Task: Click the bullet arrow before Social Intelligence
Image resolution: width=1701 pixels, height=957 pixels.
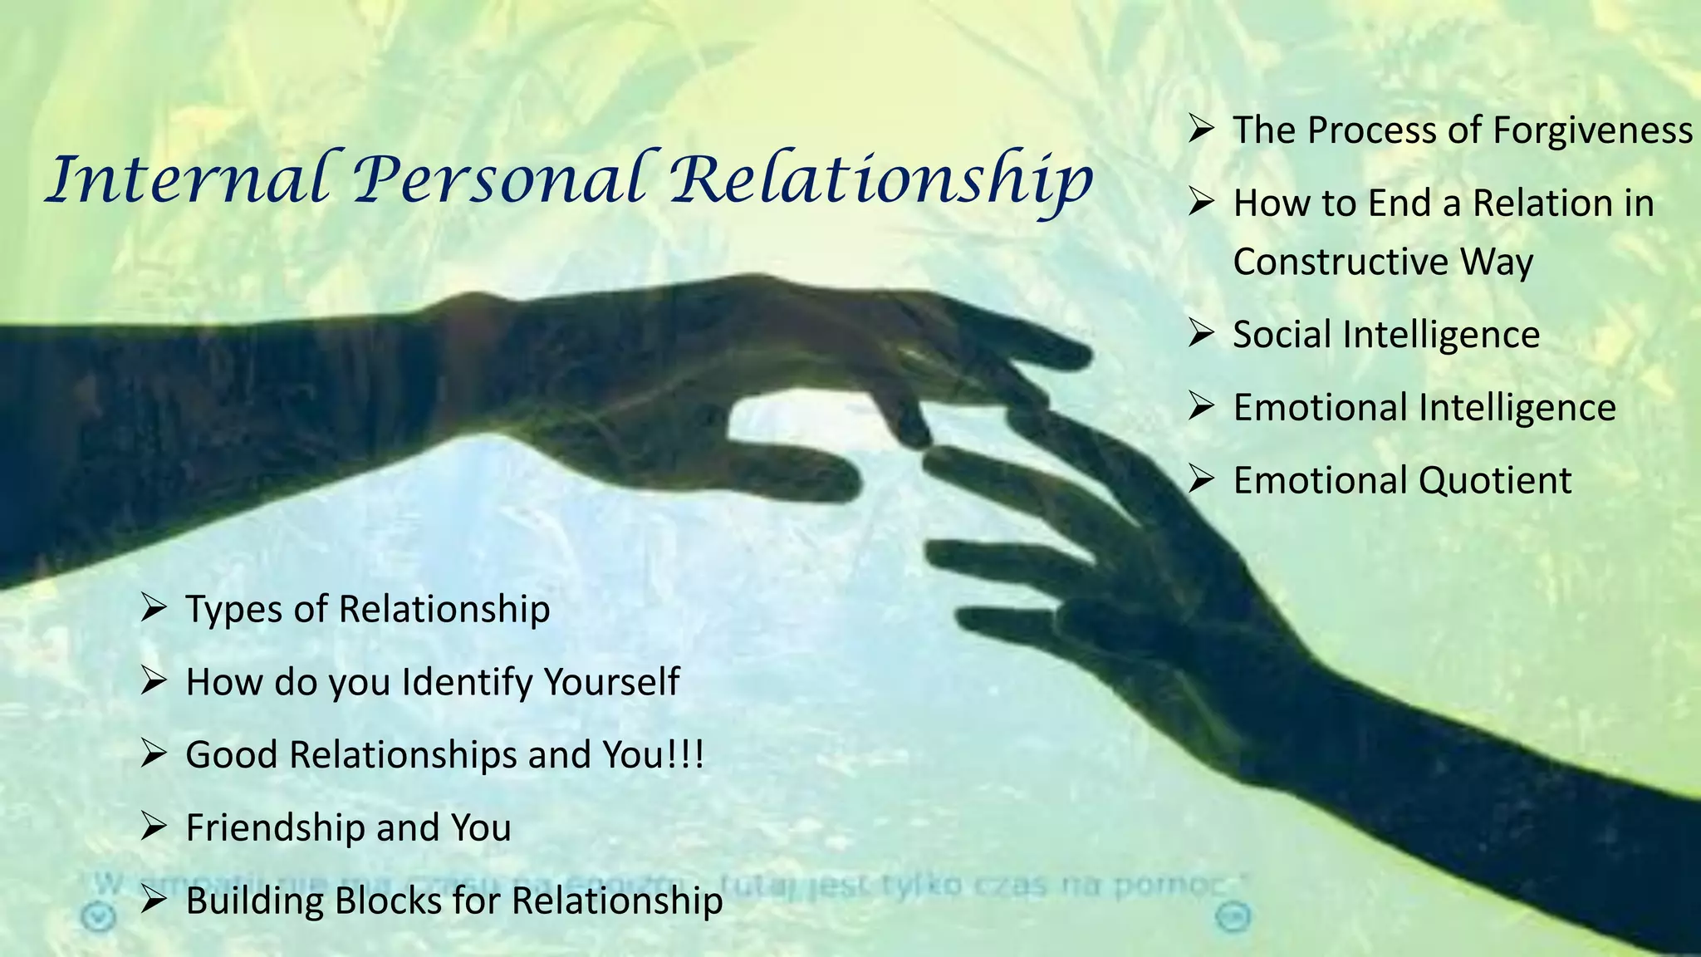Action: coord(1201,333)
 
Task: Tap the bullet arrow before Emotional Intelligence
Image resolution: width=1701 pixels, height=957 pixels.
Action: coord(1201,406)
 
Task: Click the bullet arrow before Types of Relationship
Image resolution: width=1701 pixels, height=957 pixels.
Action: coord(154,608)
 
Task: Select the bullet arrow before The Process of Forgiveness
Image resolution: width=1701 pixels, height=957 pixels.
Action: coord(1201,129)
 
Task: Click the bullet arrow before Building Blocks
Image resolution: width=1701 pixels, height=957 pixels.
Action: coord(154,900)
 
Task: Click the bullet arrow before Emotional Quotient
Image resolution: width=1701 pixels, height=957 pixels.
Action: coord(1201,479)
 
